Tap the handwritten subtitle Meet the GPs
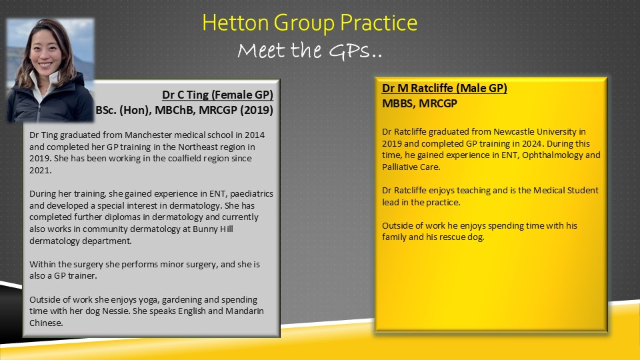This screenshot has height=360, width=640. pos(310,51)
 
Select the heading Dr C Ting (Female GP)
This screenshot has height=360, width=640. pos(217,95)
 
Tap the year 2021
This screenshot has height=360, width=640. pos(39,170)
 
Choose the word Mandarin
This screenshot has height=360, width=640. pos(245,311)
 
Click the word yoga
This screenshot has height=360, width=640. pos(148,300)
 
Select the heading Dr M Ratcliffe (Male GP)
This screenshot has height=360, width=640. pos(445,88)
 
